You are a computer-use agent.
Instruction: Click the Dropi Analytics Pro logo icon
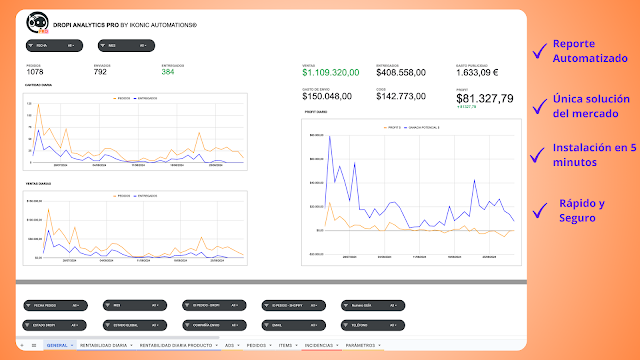click(x=38, y=21)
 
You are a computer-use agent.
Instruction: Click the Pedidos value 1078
click(x=35, y=72)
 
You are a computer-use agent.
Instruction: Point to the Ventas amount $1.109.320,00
click(x=330, y=73)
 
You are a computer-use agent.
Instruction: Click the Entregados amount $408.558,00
click(x=401, y=73)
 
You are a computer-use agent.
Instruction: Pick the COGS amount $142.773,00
click(x=401, y=97)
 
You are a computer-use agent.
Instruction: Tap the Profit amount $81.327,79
click(x=484, y=98)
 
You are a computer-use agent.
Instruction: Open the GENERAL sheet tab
click(x=58, y=345)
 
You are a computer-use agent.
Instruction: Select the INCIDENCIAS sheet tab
click(x=318, y=345)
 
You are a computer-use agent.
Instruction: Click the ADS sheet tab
click(x=230, y=345)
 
